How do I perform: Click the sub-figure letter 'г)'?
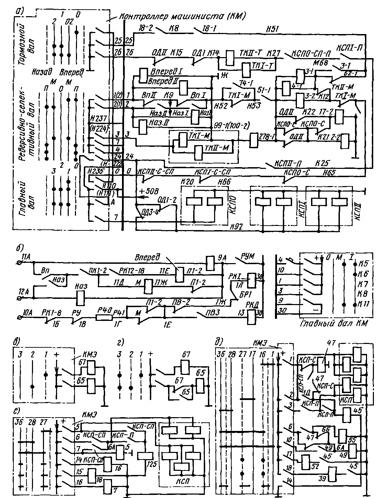[x=120, y=343]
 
